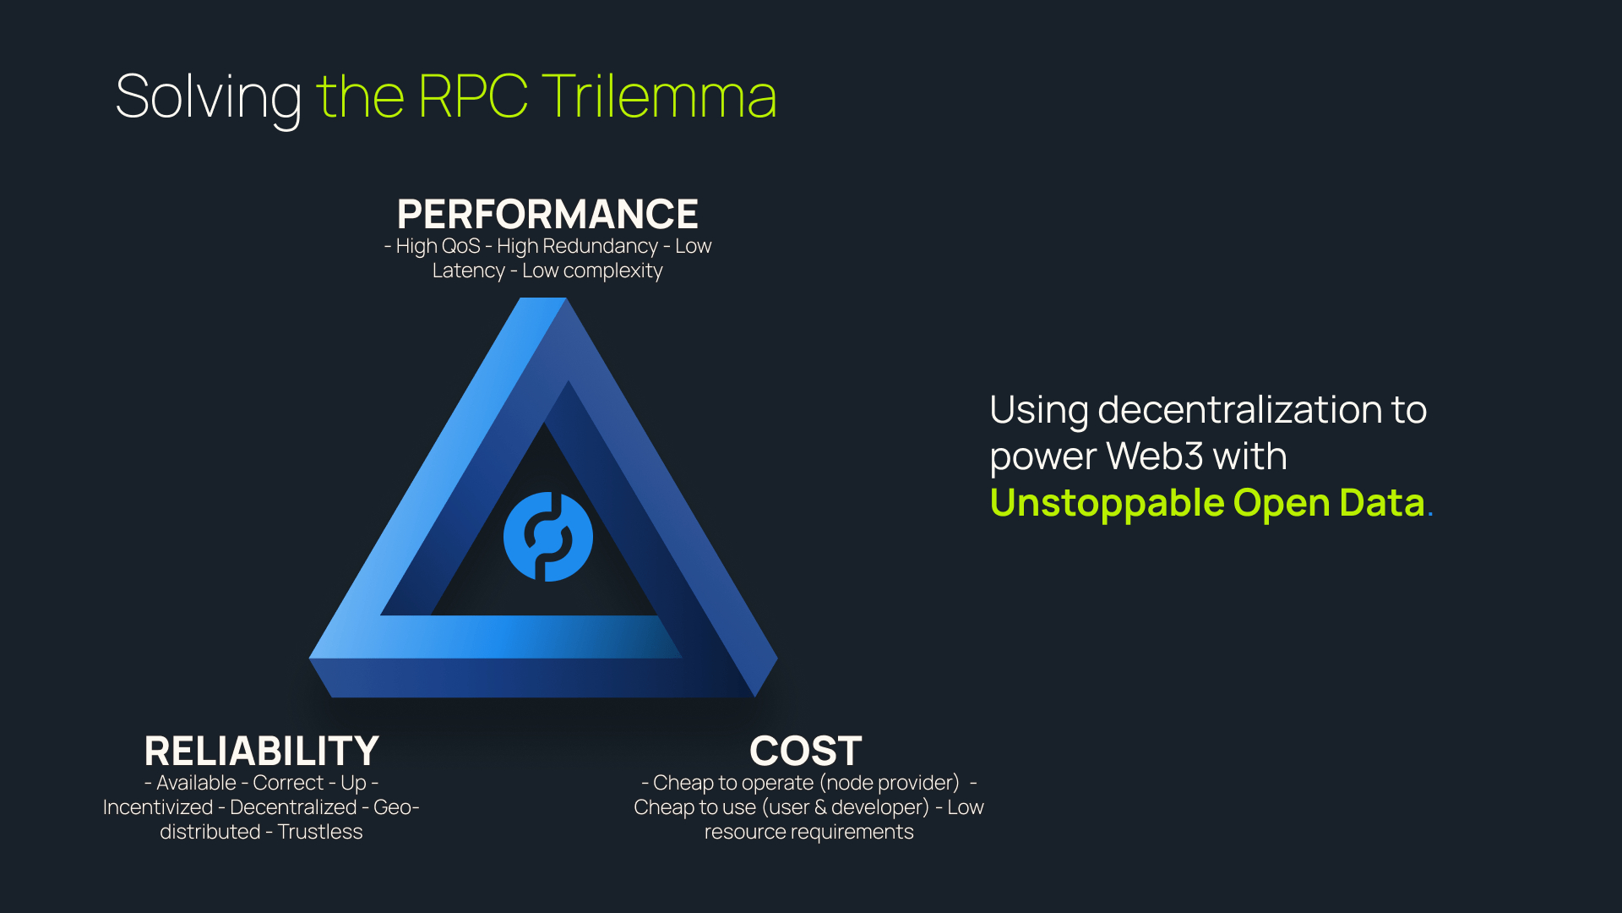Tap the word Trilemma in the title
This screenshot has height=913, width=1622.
click(659, 96)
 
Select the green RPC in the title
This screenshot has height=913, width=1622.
click(473, 96)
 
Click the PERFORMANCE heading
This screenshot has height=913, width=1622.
click(547, 214)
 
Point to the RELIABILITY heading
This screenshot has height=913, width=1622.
click(261, 751)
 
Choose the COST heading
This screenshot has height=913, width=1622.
click(806, 751)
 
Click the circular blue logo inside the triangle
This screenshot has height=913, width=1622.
click(548, 537)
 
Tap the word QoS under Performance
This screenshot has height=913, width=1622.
click(461, 246)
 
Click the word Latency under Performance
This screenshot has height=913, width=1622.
click(469, 271)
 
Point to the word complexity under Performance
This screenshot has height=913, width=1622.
click(613, 271)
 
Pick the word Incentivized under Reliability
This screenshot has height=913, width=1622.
click(158, 807)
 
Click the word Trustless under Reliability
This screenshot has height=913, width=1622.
click(320, 832)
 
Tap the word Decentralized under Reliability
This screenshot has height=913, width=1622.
click(293, 807)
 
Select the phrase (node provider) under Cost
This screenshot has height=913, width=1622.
click(890, 784)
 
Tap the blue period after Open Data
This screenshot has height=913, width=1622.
click(1430, 514)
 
